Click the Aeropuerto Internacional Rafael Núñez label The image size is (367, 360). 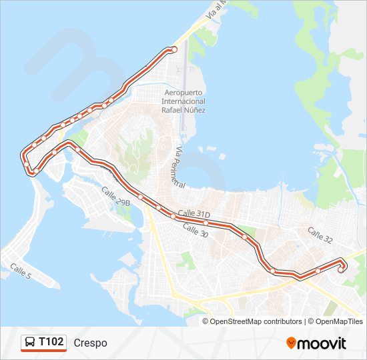[x=183, y=101]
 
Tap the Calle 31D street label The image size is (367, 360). [x=194, y=213]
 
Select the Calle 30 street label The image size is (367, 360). [x=195, y=231]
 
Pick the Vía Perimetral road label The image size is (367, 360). [x=177, y=166]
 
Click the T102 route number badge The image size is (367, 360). [x=51, y=343]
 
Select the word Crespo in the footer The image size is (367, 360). [x=91, y=343]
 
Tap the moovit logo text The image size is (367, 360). [x=322, y=343]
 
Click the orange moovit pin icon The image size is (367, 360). [x=291, y=343]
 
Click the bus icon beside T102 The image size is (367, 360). [x=30, y=343]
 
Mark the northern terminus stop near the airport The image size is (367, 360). [x=174, y=49]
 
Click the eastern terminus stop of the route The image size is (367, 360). [x=341, y=269]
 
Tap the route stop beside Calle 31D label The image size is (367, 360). [x=206, y=223]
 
